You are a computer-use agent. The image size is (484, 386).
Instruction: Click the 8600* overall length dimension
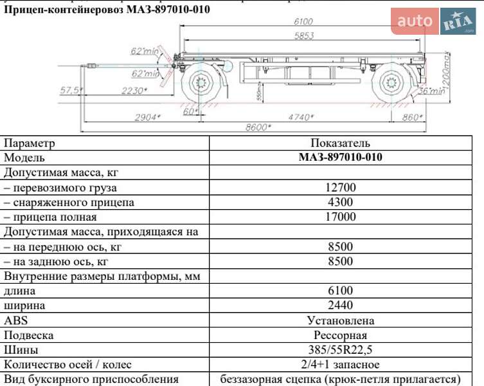pos(256,127)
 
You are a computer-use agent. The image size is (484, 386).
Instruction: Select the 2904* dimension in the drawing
pos(147,117)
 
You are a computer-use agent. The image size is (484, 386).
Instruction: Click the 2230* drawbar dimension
pos(134,91)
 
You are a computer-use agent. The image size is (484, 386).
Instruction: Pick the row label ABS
pos(16,320)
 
